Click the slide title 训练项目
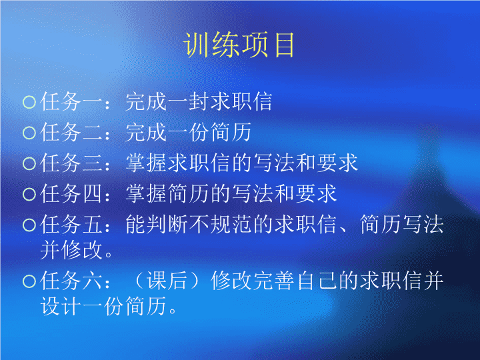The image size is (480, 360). (239, 45)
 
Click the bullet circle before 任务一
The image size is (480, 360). (29, 102)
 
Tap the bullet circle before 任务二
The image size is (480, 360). (29, 133)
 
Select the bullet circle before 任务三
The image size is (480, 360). (29, 163)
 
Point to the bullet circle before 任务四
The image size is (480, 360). (29, 194)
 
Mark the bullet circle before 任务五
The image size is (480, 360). (29, 225)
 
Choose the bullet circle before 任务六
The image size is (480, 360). (29, 281)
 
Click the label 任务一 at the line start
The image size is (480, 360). (71, 101)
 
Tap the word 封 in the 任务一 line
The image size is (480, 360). (199, 101)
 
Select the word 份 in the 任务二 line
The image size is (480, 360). (199, 132)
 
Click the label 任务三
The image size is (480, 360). (71, 163)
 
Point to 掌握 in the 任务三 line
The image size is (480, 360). (146, 163)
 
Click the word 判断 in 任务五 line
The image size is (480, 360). (157, 225)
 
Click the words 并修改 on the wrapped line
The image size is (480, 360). (71, 250)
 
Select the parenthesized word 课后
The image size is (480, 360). (167, 281)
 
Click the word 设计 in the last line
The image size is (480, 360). (61, 306)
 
